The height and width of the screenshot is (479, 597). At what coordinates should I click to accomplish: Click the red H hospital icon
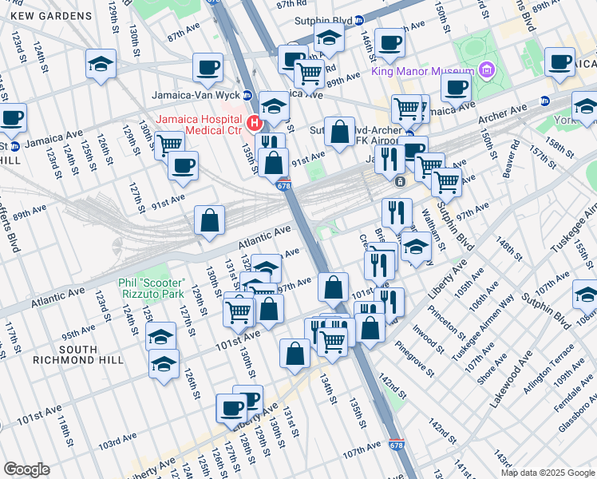[x=255, y=123]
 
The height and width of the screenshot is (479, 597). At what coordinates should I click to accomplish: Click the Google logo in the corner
[x=26, y=469]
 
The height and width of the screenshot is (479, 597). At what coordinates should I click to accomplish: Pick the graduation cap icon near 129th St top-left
[x=101, y=63]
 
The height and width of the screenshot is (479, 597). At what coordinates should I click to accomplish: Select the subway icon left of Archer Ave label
[x=545, y=101]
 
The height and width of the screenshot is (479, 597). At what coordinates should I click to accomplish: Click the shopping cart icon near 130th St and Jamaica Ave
[x=169, y=144]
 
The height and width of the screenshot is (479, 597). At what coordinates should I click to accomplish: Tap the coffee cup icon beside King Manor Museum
[x=456, y=87]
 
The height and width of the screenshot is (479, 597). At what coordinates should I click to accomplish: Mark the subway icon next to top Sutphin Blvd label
[x=359, y=20]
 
